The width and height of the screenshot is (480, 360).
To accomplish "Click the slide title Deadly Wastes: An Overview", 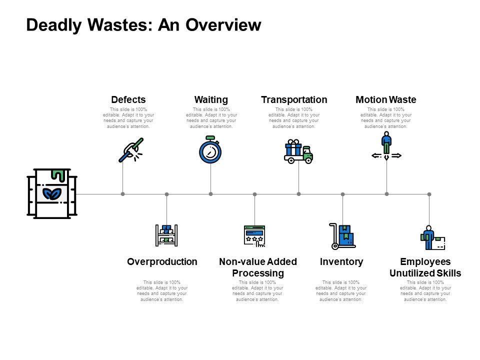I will pyautogui.click(x=143, y=25).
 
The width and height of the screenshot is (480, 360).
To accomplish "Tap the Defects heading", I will pyautogui.click(x=128, y=99).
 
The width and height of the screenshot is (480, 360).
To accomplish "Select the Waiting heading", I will pyautogui.click(x=210, y=99).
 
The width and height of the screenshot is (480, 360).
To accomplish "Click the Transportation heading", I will pyautogui.click(x=294, y=99).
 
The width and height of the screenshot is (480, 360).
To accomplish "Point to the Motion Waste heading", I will pyautogui.click(x=385, y=99).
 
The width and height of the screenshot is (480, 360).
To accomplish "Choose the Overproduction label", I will pyautogui.click(x=162, y=261).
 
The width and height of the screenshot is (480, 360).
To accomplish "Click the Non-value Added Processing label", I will pyautogui.click(x=258, y=267).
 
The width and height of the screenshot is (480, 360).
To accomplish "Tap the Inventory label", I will pyautogui.click(x=341, y=261).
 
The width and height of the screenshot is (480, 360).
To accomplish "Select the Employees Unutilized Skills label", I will pyautogui.click(x=425, y=267).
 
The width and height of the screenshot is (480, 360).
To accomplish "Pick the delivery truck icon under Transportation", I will pyautogui.click(x=298, y=151).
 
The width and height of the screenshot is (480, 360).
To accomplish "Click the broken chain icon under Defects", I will pyautogui.click(x=130, y=149).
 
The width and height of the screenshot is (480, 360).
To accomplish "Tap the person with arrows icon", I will pyautogui.click(x=386, y=146).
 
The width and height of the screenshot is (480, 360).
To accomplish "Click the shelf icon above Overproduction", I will pyautogui.click(x=166, y=235).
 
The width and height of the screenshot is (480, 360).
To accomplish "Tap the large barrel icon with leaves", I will pyautogui.click(x=52, y=193).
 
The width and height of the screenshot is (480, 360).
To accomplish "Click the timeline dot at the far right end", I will pyautogui.click(x=429, y=193).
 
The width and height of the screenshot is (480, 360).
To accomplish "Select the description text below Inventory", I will pyautogui.click(x=341, y=290).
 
